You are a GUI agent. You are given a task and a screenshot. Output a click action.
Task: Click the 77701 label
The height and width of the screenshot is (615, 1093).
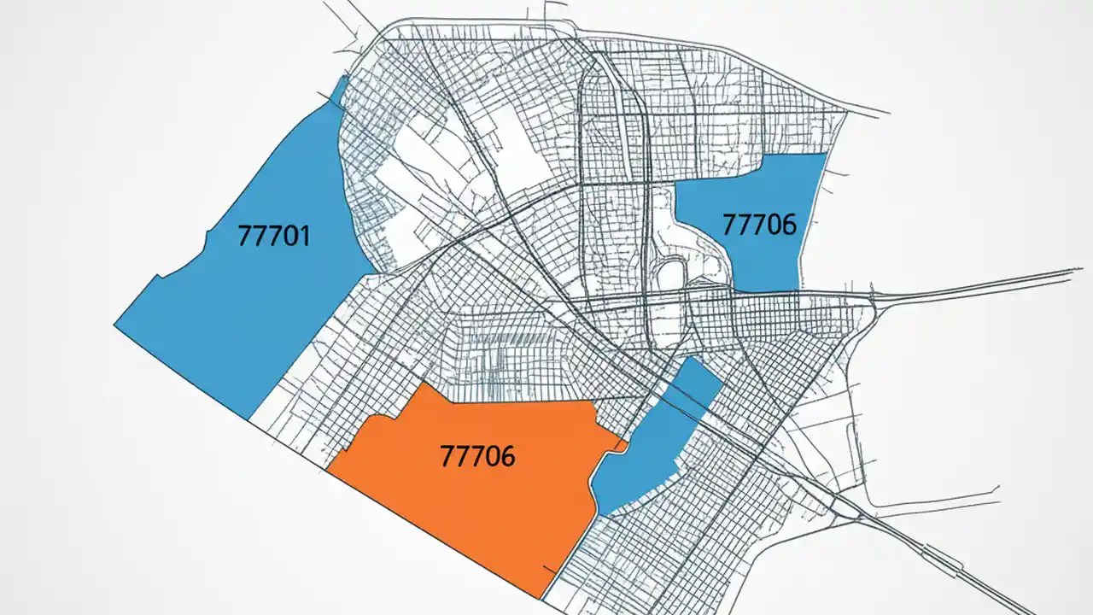pos(273,235)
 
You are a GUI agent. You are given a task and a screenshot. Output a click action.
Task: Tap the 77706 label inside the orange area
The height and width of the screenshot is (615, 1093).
pos(477,456)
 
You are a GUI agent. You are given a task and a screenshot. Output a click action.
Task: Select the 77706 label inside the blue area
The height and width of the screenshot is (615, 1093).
pos(759,225)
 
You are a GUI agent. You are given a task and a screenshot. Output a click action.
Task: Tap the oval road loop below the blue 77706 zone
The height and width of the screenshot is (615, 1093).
pos(668,278)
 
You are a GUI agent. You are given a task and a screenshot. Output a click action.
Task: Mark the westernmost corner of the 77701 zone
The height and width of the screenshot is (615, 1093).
pos(115,325)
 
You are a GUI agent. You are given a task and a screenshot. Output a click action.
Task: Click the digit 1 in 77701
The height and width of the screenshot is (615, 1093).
pos(304,235)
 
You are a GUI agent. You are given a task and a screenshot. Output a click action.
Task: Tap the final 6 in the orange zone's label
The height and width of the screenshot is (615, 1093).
pos(507,456)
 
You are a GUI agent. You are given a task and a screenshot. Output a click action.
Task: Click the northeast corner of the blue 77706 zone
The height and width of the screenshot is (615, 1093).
pos(826,155)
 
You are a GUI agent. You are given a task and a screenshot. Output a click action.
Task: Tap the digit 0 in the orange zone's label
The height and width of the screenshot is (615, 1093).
pos(492,456)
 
